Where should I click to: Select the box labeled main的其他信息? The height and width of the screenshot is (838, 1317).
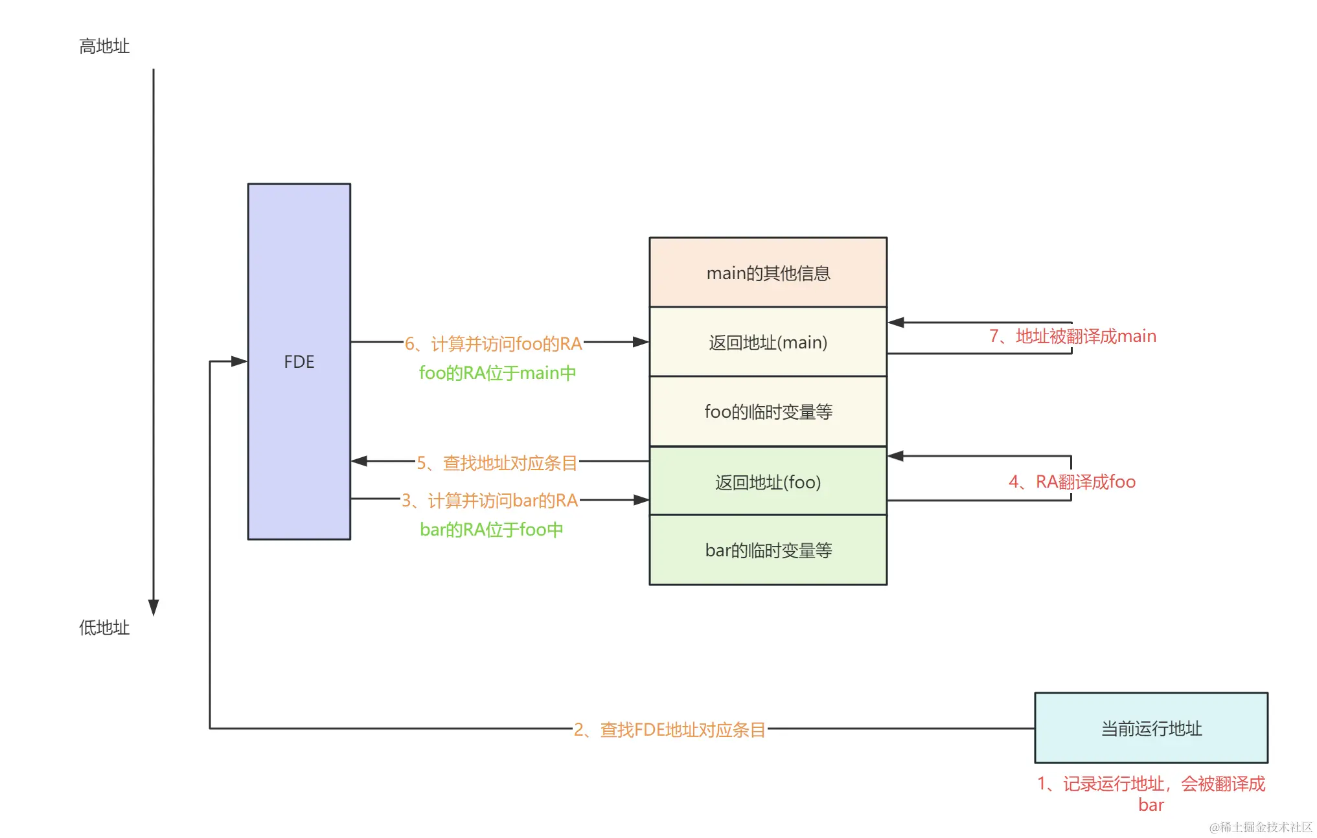(x=768, y=273)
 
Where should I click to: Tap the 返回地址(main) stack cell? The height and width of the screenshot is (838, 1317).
(x=768, y=342)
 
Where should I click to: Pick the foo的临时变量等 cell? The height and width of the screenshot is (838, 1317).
(x=768, y=411)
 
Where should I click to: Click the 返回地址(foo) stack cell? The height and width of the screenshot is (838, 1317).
(x=768, y=482)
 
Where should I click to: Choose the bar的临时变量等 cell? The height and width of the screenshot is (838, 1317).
(x=768, y=550)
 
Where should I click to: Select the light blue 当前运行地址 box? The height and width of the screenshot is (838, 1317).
(x=1151, y=728)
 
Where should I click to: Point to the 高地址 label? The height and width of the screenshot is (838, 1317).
(x=104, y=46)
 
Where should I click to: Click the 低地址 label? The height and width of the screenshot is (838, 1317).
(x=104, y=627)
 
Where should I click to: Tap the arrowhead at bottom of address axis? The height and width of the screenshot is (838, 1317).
(x=154, y=607)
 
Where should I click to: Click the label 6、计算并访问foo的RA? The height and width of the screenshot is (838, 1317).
(x=493, y=343)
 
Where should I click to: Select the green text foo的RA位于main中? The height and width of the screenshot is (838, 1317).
(x=497, y=372)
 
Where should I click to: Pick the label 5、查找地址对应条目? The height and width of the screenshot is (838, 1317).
(x=496, y=462)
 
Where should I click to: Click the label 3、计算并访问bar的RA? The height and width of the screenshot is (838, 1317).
(x=490, y=500)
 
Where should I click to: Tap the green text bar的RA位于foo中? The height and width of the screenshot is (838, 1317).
(x=491, y=529)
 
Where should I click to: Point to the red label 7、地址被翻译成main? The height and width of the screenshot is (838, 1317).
(x=1072, y=335)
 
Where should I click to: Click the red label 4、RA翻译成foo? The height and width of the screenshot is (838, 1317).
(x=1071, y=481)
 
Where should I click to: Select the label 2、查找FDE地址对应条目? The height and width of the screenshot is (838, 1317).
(x=669, y=729)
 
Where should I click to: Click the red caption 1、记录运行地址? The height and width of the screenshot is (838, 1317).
(x=1151, y=784)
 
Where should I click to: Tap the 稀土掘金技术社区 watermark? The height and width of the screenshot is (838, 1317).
(x=1260, y=826)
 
